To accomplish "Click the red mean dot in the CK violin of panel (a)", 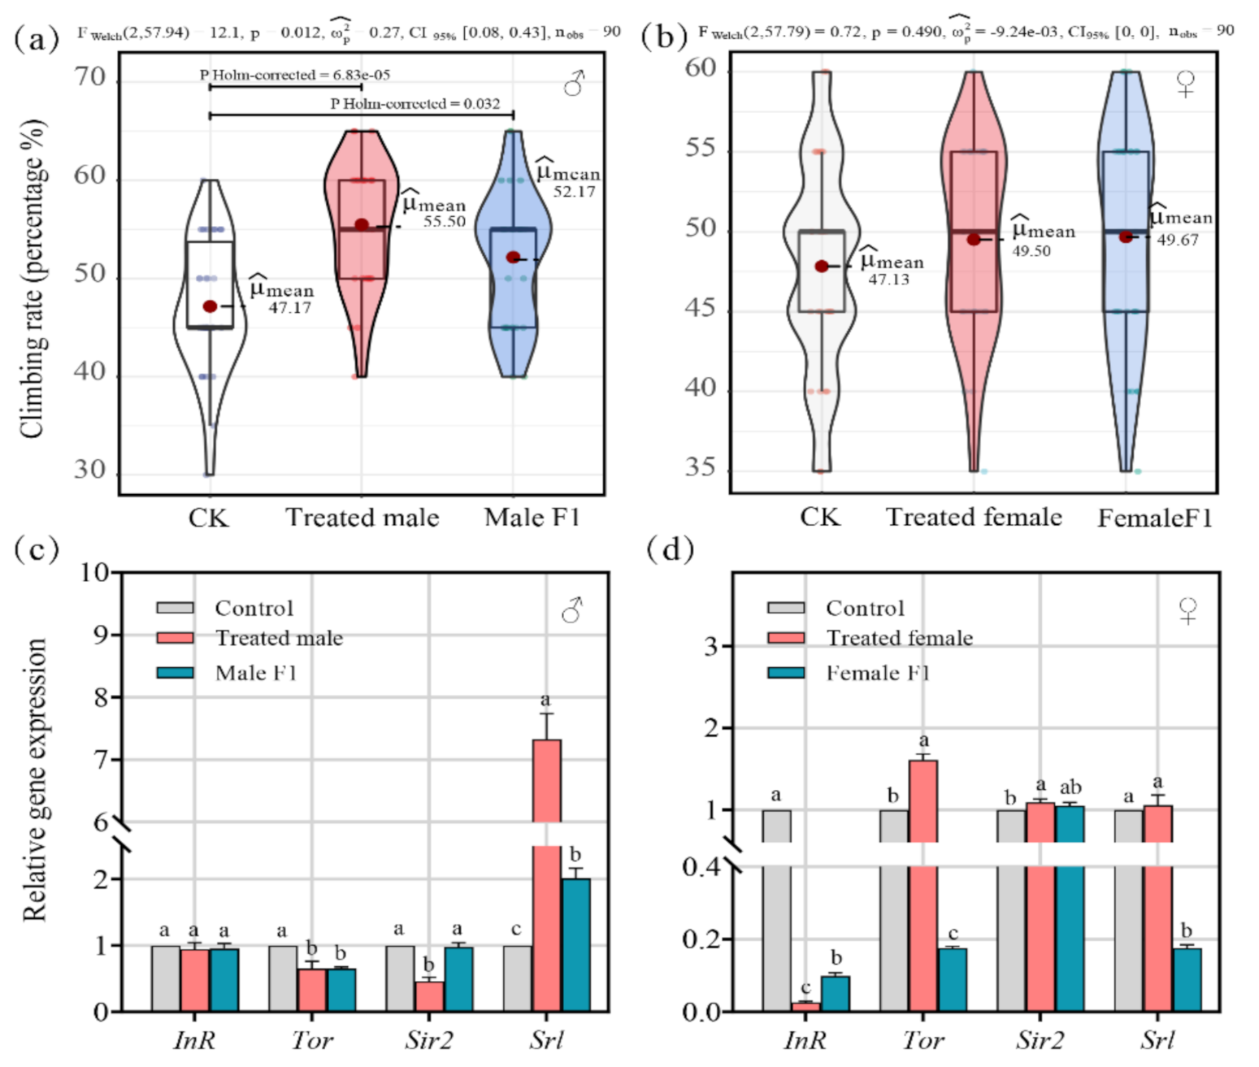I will point(210,306).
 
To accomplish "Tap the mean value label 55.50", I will point(444,221).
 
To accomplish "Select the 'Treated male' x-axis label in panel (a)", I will point(362,518).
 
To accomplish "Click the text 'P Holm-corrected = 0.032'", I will point(415,104).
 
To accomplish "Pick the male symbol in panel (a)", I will point(574,83).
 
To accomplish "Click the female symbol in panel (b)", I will point(1186,84).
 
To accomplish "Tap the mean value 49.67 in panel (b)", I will point(1177,240).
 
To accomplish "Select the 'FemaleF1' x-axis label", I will point(1154,518).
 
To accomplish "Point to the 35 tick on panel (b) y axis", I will point(701,468).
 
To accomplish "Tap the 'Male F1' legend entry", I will point(255,673).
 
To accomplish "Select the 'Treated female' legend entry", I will point(899,638).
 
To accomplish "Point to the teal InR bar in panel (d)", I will point(835,993).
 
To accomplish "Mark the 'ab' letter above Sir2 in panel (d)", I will point(1070,787).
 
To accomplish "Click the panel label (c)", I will point(37,550).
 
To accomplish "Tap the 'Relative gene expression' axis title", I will point(34,780).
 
